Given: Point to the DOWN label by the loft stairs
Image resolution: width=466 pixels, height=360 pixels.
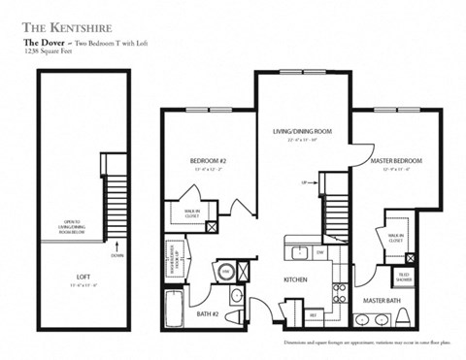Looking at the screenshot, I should coord(116,255).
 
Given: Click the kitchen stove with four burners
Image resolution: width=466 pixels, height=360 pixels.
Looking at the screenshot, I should coord(340,292).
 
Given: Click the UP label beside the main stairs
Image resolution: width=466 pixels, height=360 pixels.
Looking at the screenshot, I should coord(305,181).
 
